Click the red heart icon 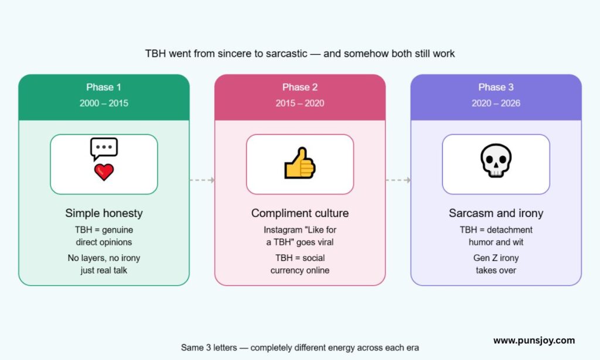[104, 172]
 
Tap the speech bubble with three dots [104, 148]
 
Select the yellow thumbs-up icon [299, 163]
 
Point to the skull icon [496, 161]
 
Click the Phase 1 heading [104, 87]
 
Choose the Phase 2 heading [300, 87]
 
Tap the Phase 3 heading [496, 87]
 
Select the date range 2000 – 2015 [104, 103]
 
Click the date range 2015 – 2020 [300, 103]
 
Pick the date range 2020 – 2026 [496, 103]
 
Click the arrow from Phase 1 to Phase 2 [202, 180]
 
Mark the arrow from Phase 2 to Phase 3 [398, 180]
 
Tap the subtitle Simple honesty [104, 213]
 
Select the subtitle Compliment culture [300, 213]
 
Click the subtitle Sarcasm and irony [496, 213]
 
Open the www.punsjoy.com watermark [534, 341]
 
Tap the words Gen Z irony [496, 258]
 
